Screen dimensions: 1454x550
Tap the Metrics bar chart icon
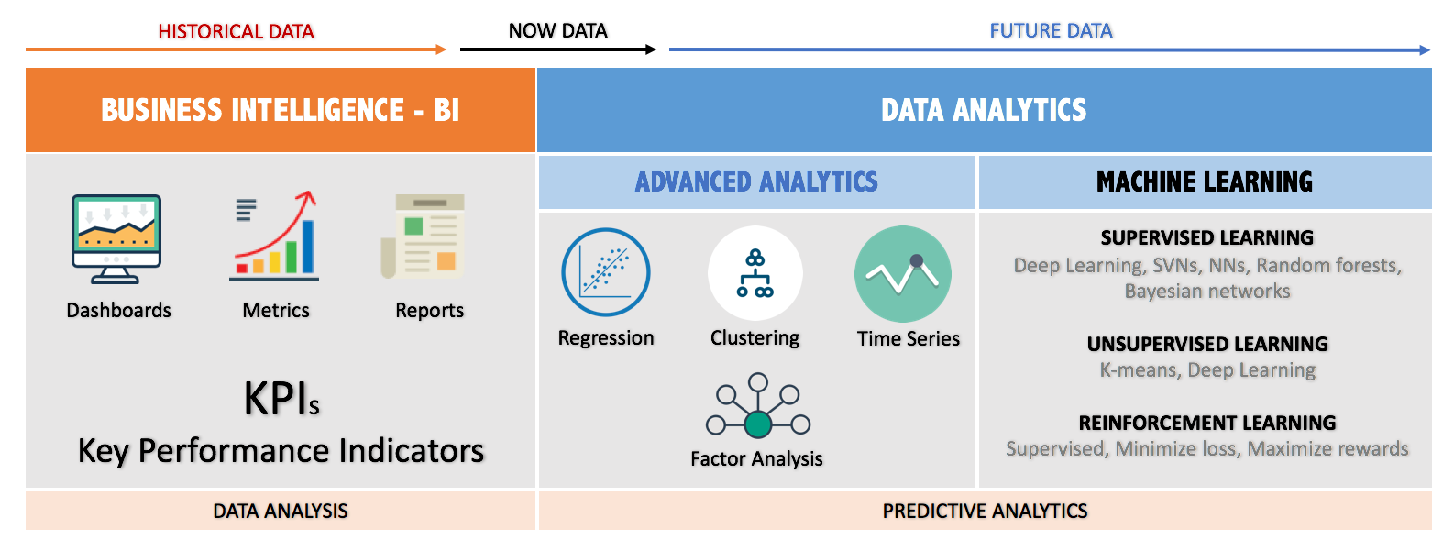click(x=274, y=236)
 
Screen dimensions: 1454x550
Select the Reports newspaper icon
click(x=423, y=236)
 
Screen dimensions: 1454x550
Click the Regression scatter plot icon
click(x=606, y=272)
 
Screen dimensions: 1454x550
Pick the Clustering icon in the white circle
click(x=755, y=273)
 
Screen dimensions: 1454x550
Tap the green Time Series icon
click(x=903, y=273)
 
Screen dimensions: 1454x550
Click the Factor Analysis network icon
click(x=758, y=405)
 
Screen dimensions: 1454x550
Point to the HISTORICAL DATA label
click(x=237, y=31)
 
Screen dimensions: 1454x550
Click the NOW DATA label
click(x=558, y=30)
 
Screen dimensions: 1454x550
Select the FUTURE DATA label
click(x=1051, y=30)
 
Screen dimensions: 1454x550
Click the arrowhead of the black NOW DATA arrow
click(x=651, y=49)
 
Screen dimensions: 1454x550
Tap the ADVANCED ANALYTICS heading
click(x=756, y=181)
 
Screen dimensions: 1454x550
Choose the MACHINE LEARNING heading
click(x=1205, y=181)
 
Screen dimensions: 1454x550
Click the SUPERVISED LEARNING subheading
click(x=1207, y=237)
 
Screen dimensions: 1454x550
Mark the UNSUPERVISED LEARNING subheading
click(x=1208, y=344)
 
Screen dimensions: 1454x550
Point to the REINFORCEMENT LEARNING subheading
click(x=1207, y=423)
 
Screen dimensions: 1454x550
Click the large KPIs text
click(x=281, y=398)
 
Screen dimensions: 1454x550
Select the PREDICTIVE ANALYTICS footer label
click(x=985, y=511)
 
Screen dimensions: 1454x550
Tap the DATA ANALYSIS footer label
click(x=281, y=511)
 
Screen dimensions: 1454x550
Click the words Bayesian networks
click(x=1207, y=291)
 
